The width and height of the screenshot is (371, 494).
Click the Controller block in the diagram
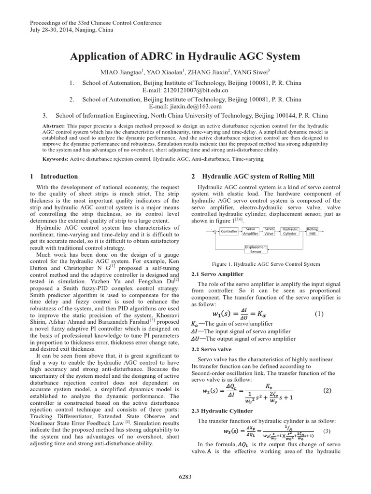(x=229, y=231)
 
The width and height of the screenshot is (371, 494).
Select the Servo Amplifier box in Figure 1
(x=251, y=231)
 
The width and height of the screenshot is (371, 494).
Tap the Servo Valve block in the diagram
(x=270, y=231)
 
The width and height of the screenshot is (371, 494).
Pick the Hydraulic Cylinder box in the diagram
(x=290, y=231)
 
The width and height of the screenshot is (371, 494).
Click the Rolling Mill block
(x=313, y=231)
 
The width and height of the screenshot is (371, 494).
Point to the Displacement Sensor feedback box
(x=256, y=249)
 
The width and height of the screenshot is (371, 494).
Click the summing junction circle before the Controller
(x=215, y=231)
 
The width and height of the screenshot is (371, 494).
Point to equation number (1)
(x=319, y=314)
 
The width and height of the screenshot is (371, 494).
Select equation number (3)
(x=327, y=431)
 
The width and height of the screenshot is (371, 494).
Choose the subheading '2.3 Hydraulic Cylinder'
(x=222, y=411)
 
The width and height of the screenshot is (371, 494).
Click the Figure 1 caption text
(x=266, y=264)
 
